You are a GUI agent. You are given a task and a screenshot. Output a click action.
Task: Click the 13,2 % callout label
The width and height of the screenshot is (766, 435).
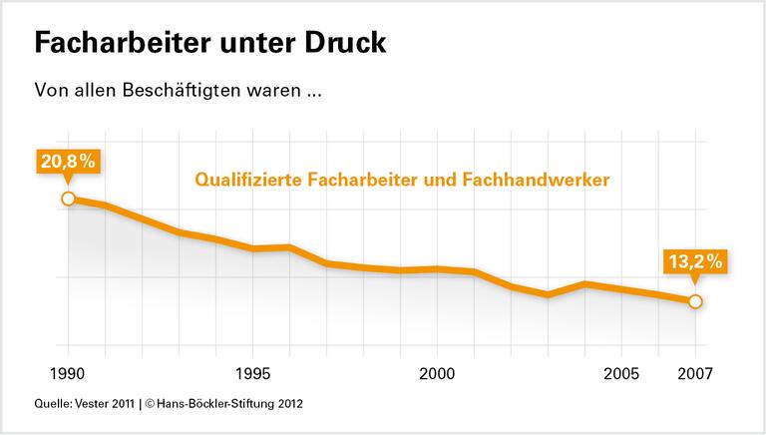tap(694, 263)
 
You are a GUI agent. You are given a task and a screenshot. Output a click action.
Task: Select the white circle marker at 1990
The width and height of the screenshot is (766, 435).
tap(68, 199)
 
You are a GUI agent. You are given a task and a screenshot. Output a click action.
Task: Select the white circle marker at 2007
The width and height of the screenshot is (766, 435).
tap(695, 301)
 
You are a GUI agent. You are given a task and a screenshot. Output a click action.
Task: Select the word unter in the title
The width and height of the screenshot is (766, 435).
tap(246, 45)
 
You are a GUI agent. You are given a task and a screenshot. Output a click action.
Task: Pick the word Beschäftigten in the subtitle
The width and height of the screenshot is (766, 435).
tap(175, 90)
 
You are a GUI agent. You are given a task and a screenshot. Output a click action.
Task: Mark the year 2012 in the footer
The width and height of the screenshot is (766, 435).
tap(288, 405)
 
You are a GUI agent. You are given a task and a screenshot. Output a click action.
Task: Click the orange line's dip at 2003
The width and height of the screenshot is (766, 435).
tap(548, 295)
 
